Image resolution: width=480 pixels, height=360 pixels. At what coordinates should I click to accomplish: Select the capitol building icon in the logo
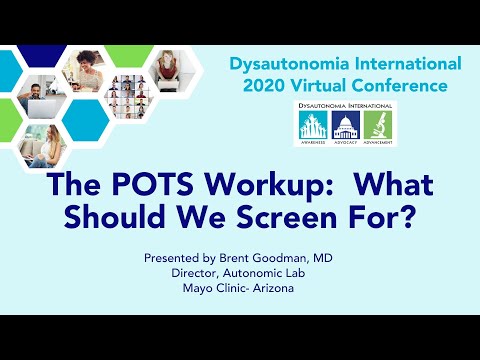click(345, 126)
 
